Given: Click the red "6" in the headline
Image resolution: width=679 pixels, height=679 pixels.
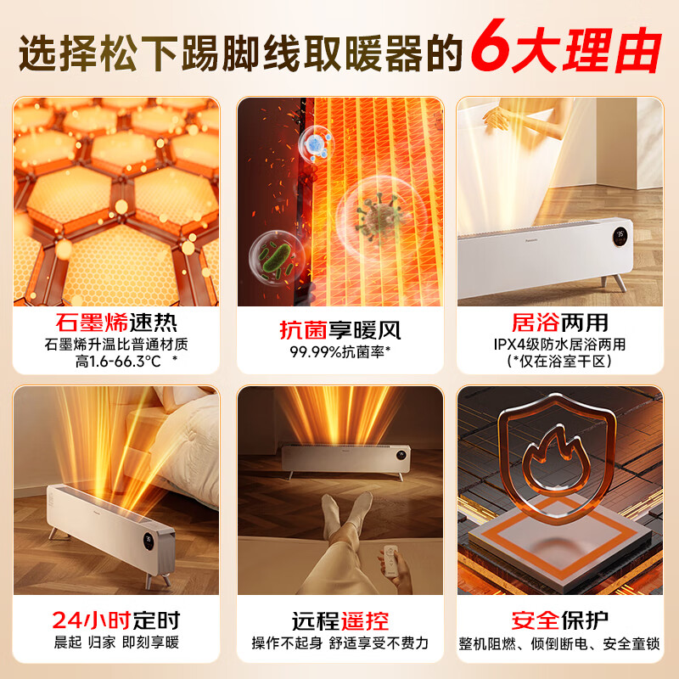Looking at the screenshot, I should tap(495, 49).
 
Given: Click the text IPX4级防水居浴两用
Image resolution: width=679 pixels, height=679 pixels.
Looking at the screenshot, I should tap(560, 345).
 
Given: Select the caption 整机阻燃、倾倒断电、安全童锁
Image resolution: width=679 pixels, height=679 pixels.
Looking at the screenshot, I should tap(560, 643).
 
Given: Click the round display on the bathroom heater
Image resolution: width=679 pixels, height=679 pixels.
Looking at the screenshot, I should tap(620, 232).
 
